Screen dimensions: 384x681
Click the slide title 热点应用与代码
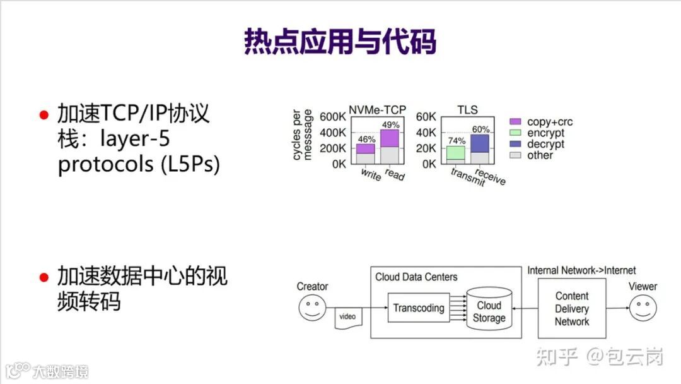pyautogui.click(x=340, y=42)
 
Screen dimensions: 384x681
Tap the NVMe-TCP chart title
pyautogui.click(x=377, y=110)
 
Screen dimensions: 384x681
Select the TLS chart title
pyautogui.click(x=467, y=110)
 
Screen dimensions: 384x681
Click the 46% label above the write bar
pyautogui.click(x=366, y=138)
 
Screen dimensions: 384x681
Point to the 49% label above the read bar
pyautogui.click(x=391, y=124)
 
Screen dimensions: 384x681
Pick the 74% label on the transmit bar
pyautogui.click(x=456, y=141)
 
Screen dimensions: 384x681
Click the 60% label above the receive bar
pyautogui.click(x=480, y=129)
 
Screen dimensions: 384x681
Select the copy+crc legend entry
pyautogui.click(x=541, y=122)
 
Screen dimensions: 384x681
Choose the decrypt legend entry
pyautogui.click(x=537, y=144)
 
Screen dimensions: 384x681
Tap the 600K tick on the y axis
pyautogui.click(x=332, y=117)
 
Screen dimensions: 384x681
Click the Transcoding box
pyautogui.click(x=419, y=308)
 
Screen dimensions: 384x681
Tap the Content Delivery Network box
pyautogui.click(x=572, y=308)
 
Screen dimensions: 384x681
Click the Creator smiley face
pyautogui.click(x=312, y=309)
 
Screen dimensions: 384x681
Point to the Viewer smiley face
pyautogui.click(x=643, y=309)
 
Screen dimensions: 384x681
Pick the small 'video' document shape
pyautogui.click(x=347, y=317)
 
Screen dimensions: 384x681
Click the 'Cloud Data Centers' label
pyautogui.click(x=416, y=277)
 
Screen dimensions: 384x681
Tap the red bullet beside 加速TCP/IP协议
pyautogui.click(x=44, y=114)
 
